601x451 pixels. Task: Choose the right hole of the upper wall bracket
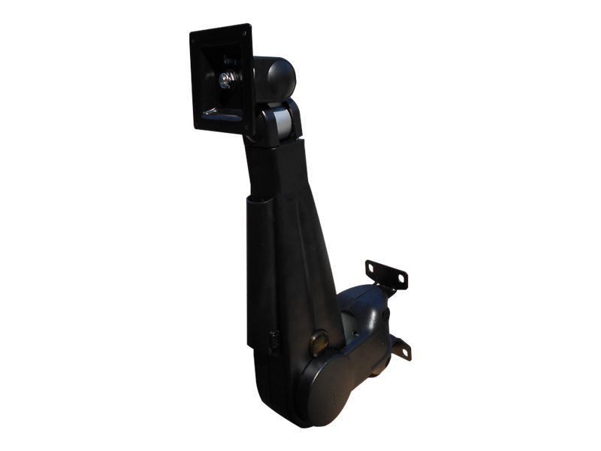pos(401,280)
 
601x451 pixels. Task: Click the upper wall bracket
pos(386,274)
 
